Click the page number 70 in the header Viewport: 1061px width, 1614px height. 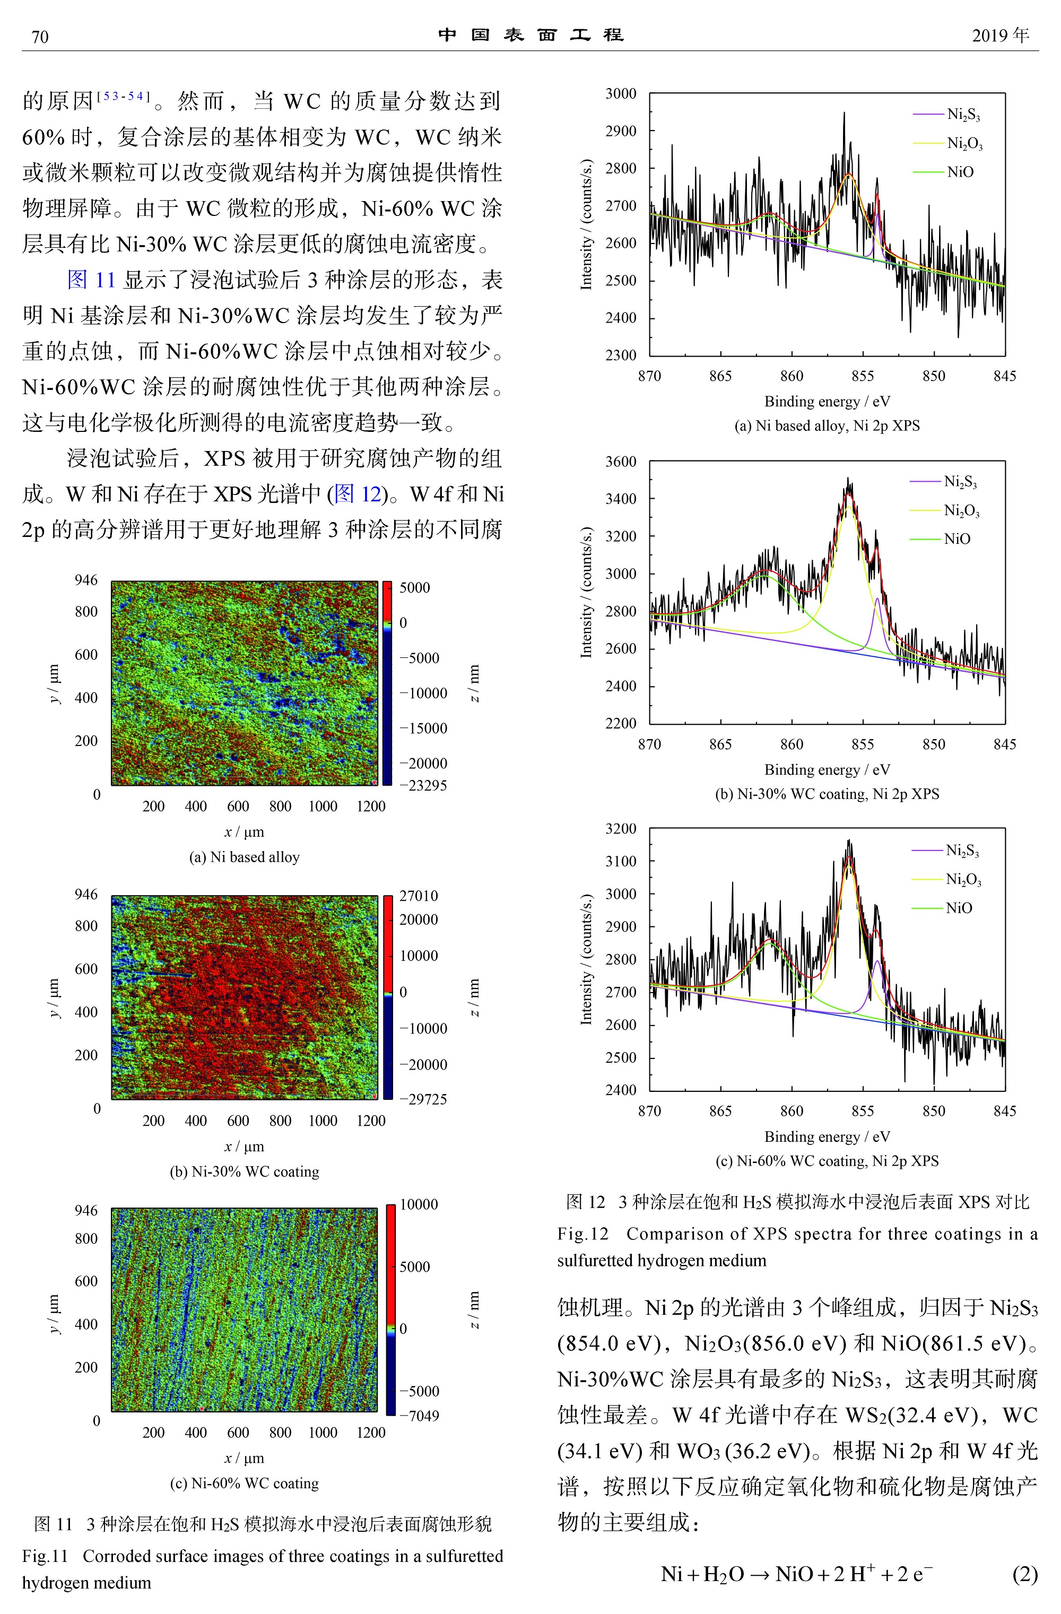click(40, 37)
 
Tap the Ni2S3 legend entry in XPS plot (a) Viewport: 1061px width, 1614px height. click(963, 115)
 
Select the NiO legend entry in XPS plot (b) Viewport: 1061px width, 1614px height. click(956, 539)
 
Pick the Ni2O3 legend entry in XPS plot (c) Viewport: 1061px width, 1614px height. click(963, 880)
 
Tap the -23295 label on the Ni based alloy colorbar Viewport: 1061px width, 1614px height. click(422, 785)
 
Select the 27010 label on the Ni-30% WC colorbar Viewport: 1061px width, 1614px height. click(418, 896)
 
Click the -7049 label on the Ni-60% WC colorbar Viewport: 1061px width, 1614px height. click(419, 1416)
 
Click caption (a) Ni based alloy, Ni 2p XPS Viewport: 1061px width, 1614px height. click(827, 426)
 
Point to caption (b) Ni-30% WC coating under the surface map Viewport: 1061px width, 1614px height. click(244, 1171)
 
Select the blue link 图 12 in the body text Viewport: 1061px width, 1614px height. click(358, 493)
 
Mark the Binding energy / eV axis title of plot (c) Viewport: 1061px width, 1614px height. click(827, 1136)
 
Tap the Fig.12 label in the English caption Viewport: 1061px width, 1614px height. click(583, 1234)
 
